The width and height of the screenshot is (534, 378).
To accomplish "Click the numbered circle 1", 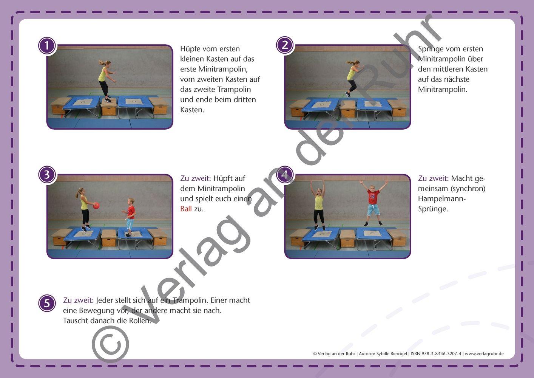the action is coord(47,46).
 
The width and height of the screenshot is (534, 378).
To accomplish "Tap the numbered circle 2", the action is coord(285,45).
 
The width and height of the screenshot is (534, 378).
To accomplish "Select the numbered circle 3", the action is coord(47,174).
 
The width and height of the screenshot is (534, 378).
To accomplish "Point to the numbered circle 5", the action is coord(47,303).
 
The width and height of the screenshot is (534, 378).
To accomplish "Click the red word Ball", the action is coord(186,209).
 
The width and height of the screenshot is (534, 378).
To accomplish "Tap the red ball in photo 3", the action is coord(96,206).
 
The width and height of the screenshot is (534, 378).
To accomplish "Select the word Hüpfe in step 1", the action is coord(190,49).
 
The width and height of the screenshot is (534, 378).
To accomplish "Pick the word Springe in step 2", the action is coord(431,49).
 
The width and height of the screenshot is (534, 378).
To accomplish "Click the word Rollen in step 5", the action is coord(140,321).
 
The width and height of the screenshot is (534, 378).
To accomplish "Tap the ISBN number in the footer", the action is coord(436,354).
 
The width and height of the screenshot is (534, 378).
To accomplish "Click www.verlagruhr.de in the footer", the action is coord(484,354).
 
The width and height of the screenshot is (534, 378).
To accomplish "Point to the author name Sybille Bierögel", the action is coord(392,354).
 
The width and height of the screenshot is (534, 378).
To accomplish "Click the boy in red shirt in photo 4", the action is coord(373,203).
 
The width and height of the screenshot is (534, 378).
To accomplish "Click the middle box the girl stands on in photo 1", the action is coord(109,107).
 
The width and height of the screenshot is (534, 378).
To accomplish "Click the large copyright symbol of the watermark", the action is coord(110,344).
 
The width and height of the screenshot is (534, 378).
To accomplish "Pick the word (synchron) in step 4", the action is coord(468,189).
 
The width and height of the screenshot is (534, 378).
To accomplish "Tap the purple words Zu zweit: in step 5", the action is coord(78,300).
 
